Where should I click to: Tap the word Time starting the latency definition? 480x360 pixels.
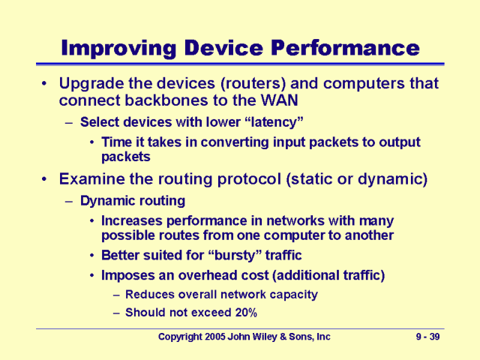(x=115, y=142)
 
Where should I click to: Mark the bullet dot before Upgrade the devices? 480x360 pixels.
(x=46, y=84)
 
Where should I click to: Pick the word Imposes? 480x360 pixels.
(x=127, y=275)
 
